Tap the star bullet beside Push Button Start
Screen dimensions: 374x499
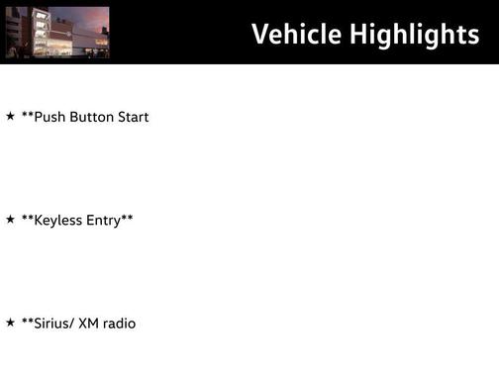[x=10, y=116]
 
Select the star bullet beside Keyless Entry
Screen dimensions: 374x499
[x=10, y=219]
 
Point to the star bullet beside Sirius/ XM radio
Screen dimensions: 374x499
[x=10, y=323]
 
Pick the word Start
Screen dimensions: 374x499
[x=133, y=117]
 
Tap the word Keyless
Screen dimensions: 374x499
[x=57, y=220]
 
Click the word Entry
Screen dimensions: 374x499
[x=102, y=220]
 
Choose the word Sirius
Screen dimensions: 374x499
[x=51, y=324]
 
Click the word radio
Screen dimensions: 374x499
[x=121, y=324]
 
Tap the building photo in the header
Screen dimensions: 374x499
[x=56, y=32]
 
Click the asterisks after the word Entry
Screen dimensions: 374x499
[x=127, y=217]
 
